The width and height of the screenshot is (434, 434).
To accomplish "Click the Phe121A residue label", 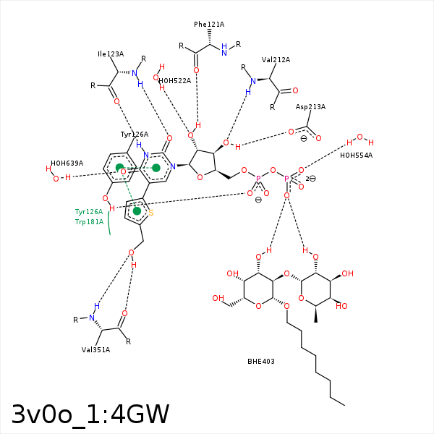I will pos(208,25).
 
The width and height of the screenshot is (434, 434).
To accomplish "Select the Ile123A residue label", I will pos(111,54).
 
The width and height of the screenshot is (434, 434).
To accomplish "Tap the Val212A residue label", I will pos(276,60).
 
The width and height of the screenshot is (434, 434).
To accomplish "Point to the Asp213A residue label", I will pos(310,107).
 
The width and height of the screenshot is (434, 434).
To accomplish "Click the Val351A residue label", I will pos(95,350).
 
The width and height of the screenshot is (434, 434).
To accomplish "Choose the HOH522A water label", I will pos(174,81).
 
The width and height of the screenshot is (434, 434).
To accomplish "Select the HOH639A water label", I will pos(67,163).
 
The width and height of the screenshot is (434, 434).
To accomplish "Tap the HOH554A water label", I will pos(356,156).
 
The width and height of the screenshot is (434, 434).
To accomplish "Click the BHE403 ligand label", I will pos(261,361).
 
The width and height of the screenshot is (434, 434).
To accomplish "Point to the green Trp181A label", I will pos(89,222).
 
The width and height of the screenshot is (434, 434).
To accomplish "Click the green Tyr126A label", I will pos(89,212).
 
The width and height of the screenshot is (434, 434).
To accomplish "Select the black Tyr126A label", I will pos(134,135).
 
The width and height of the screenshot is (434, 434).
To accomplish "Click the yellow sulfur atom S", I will pos(150,213).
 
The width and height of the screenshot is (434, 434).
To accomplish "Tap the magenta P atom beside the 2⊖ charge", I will pos(286,179).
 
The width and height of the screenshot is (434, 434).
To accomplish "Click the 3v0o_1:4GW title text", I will pos(90,414).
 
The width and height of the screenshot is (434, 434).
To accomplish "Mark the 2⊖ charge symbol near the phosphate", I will pos(310,179).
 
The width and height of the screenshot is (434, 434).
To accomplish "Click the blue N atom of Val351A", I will pos(92,318).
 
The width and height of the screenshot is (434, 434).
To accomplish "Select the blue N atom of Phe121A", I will pos(224,53).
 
